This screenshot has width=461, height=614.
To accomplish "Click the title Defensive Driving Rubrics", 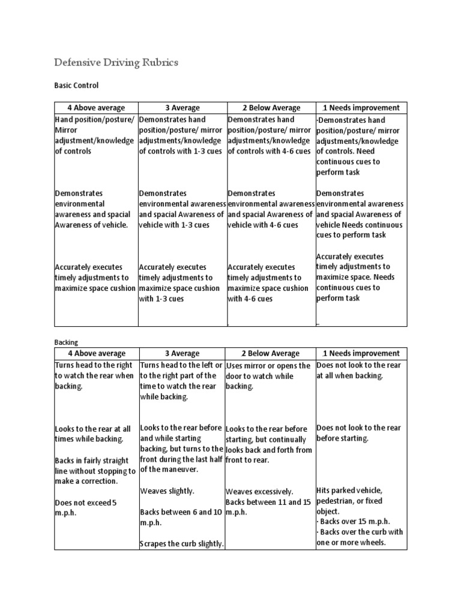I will (116, 62).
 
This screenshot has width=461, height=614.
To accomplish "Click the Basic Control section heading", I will (76, 86).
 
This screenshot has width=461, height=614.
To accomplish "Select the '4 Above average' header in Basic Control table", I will (96, 108).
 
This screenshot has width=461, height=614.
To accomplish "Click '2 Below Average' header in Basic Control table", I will (271, 108).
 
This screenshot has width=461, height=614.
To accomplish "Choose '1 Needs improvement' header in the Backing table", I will (361, 354).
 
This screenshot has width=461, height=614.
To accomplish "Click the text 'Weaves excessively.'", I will (259, 491).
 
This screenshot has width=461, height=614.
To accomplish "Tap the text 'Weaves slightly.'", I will (167, 491).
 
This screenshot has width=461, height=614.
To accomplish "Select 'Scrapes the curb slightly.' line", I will (182, 544).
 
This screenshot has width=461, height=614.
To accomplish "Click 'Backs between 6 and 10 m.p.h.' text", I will (181, 517).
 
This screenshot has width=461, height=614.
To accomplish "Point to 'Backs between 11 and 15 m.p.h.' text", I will (268, 507).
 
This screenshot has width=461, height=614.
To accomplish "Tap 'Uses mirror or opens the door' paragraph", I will (268, 376).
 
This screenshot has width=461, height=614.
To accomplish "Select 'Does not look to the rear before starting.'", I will (359, 433).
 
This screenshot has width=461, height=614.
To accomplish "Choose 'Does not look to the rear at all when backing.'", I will (359, 370).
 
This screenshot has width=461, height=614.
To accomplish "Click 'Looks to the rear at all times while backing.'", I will (92, 434).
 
